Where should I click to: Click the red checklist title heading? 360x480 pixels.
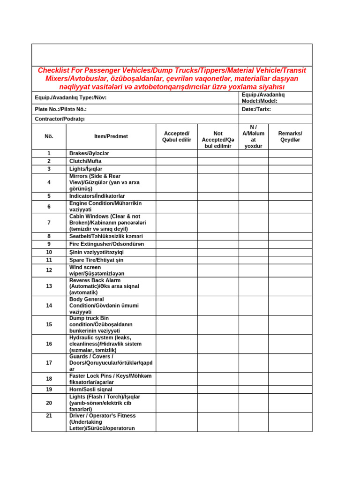click(172, 78)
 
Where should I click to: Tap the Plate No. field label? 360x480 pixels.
click(60, 109)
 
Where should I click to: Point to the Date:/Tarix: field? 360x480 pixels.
click(256, 109)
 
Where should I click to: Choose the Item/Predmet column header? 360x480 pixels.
click(111, 136)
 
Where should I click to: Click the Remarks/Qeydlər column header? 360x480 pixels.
click(290, 136)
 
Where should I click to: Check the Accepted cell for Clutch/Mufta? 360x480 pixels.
click(176, 161)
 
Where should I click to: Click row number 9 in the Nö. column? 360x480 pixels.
click(49, 244)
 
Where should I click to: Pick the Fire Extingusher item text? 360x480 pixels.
click(106, 244)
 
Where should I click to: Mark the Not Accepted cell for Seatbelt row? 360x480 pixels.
click(217, 236)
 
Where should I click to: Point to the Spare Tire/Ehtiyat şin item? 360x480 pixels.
click(96, 260)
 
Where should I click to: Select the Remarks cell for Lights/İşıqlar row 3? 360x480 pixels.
click(290, 169)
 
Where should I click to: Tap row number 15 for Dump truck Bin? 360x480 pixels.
click(49, 324)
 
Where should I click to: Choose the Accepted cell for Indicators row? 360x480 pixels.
click(176, 196)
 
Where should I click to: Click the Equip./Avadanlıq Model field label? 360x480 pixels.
click(263, 97)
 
